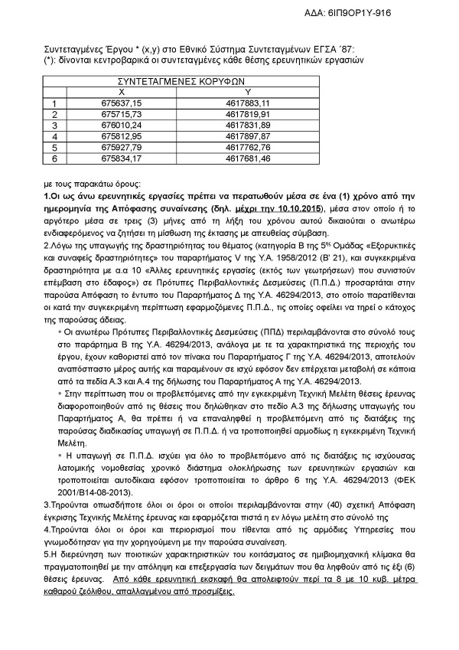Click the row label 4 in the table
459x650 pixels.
point(54,136)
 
